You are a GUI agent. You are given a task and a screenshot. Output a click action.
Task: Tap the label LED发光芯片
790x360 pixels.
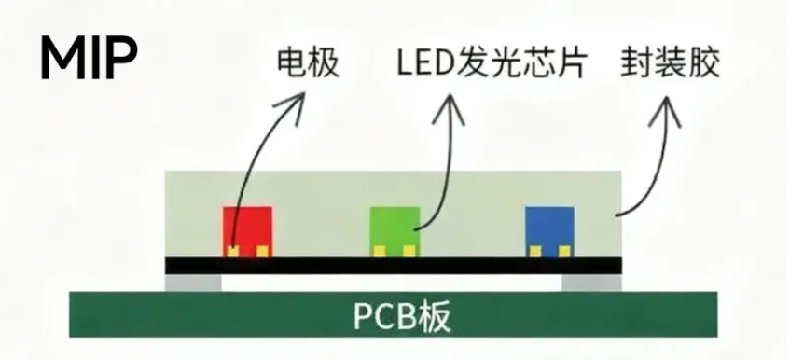point(486,63)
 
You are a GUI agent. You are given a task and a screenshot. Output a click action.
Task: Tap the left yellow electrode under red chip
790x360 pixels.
point(232,251)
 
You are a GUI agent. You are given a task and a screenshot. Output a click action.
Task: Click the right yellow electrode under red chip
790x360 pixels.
point(262,251)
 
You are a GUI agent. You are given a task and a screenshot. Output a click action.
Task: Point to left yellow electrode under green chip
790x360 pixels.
point(380,251)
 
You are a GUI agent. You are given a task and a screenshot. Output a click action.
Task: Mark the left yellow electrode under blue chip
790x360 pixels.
point(534,251)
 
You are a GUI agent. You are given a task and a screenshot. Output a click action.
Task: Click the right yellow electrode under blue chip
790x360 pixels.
point(563,251)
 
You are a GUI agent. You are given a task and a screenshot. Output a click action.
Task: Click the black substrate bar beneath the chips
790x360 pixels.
point(392,266)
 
